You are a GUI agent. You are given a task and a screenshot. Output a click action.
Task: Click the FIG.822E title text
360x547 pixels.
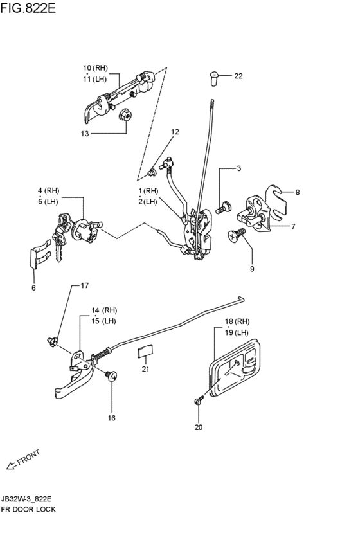[28, 8]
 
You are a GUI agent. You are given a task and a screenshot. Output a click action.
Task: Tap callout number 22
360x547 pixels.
[239, 76]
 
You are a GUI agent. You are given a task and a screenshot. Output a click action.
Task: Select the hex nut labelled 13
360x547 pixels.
[125, 114]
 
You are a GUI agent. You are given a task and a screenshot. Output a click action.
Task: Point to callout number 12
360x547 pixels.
[175, 132]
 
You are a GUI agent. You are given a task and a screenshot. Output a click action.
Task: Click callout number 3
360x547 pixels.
[239, 168]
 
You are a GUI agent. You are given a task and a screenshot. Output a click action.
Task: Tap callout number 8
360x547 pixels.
[298, 192]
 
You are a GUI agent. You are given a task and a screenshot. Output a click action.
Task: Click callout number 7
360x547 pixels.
[293, 226]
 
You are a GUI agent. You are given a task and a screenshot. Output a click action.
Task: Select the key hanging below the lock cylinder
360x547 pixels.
[59, 244]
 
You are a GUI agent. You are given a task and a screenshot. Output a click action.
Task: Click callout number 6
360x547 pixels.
[33, 288]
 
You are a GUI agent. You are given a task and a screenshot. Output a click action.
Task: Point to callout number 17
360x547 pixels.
[85, 285]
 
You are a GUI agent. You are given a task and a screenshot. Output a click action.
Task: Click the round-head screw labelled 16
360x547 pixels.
[111, 376]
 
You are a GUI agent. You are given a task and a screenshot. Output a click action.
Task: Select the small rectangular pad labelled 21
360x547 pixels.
[145, 350]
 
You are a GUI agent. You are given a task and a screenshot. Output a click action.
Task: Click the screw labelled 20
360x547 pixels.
[199, 400]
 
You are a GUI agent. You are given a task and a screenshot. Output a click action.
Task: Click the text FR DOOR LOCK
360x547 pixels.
[28, 509]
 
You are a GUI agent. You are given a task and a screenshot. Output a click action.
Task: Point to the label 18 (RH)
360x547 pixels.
[237, 321]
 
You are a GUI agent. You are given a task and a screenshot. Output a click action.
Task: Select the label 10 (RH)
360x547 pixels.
[95, 67]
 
